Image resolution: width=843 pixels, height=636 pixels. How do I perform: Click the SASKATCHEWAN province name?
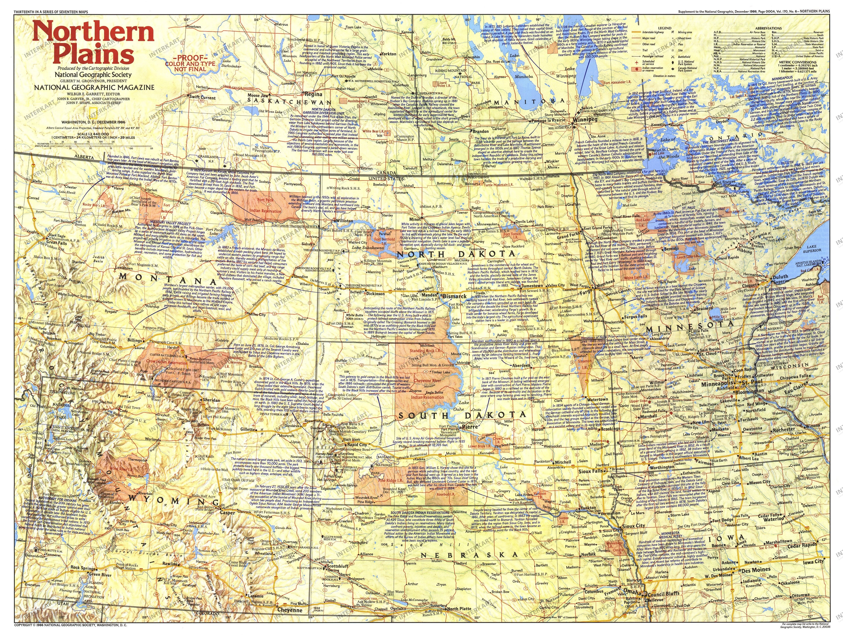[290, 102]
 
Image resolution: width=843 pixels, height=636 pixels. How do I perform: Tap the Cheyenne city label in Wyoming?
[290, 610]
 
